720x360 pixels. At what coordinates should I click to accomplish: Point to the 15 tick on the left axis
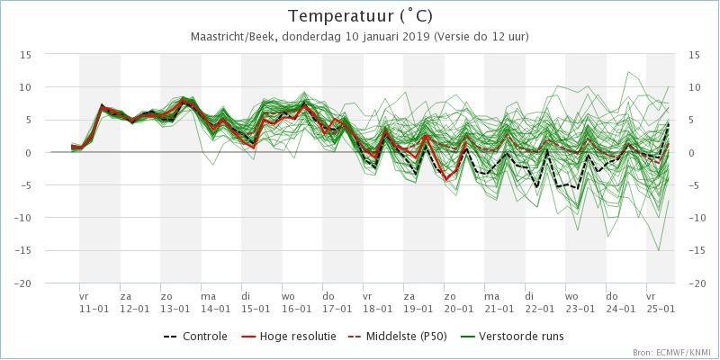click(x=27, y=55)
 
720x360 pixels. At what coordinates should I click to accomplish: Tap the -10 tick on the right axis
click(x=695, y=218)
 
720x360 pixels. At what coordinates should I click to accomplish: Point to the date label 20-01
click(x=458, y=308)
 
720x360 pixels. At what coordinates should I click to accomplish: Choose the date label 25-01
click(x=661, y=308)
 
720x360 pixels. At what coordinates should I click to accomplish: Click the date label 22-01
click(x=539, y=308)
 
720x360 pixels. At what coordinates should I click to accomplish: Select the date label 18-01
click(x=377, y=308)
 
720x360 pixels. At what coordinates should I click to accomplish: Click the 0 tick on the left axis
click(x=30, y=153)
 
